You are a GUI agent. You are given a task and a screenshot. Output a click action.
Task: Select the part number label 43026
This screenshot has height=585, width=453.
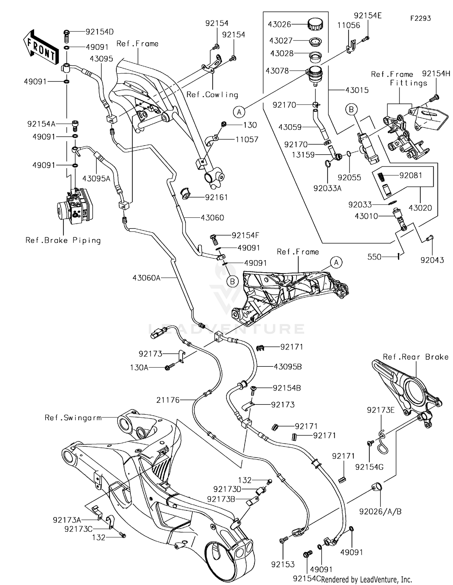tap(279, 24)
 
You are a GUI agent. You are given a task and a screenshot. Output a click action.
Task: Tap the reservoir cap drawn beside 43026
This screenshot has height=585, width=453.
tap(315, 24)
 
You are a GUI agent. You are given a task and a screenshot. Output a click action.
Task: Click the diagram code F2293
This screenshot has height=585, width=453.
tap(420, 18)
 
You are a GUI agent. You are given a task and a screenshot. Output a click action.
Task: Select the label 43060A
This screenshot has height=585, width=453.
tap(146, 278)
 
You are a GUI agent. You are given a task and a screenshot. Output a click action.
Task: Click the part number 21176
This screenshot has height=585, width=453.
tap(168, 400)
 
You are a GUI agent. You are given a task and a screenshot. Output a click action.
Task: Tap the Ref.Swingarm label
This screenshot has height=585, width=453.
tap(73, 418)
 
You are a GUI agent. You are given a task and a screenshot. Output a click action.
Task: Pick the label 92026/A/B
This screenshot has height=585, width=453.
tap(380, 511)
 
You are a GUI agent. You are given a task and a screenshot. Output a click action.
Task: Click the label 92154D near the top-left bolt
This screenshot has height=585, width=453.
tap(100, 32)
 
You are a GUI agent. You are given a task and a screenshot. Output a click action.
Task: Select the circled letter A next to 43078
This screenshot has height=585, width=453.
tap(239, 112)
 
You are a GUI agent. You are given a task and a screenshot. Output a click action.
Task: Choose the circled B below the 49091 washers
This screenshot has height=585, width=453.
tap(233, 282)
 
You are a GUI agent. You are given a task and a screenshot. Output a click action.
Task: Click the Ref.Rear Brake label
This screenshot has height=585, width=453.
tap(416, 357)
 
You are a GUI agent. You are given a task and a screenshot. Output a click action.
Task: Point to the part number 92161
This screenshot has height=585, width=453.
tap(216, 197)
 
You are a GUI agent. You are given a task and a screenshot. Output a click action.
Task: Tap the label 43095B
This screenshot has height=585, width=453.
tap(288, 367)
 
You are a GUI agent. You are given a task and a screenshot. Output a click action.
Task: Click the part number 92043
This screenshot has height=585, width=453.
tap(432, 260)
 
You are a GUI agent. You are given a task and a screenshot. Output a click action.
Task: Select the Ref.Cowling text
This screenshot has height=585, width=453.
tap(212, 95)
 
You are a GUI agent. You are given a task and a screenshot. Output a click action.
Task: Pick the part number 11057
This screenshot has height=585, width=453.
tap(247, 139)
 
